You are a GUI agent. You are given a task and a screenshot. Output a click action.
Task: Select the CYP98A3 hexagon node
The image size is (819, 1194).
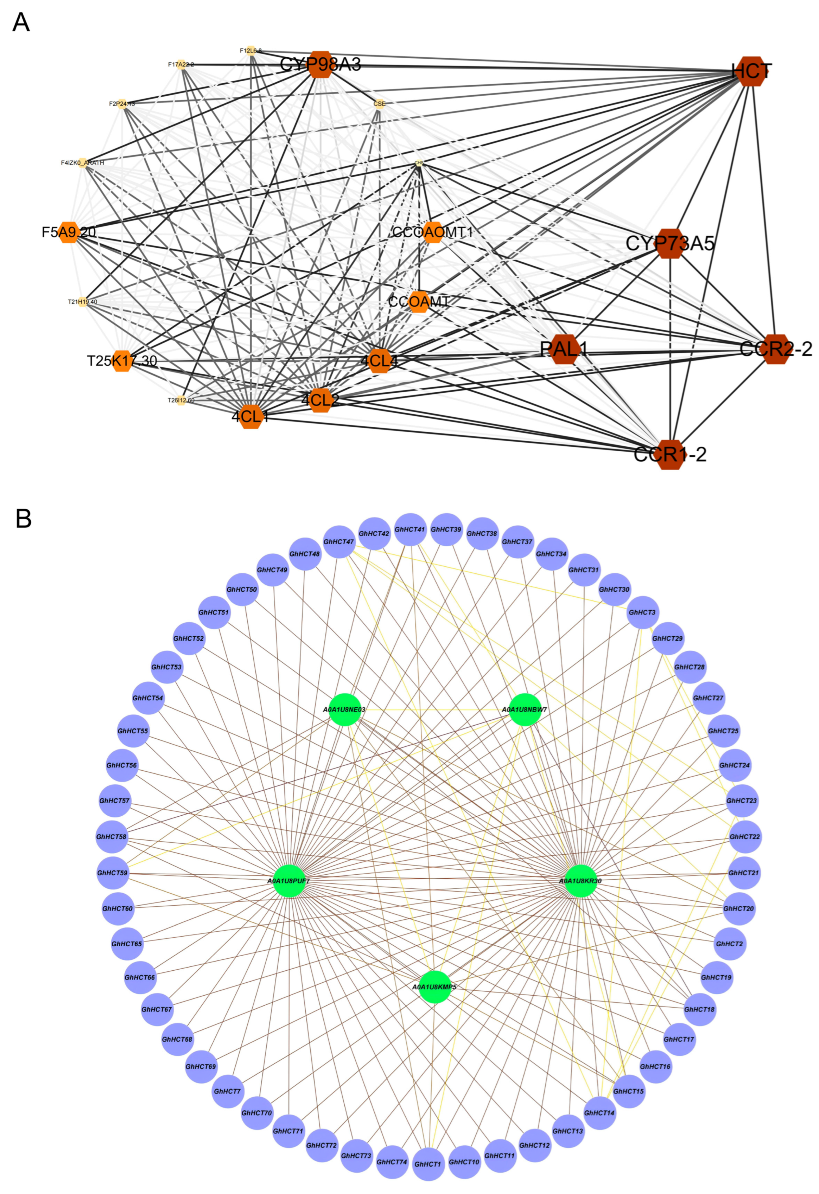321,65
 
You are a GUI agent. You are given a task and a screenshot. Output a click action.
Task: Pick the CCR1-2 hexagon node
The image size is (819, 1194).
670,454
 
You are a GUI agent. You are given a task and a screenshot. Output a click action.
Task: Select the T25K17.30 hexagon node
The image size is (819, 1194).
122,361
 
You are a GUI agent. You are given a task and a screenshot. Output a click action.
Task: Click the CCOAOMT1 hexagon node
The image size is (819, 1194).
433,232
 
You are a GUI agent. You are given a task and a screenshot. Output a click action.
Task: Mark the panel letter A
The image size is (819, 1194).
21,23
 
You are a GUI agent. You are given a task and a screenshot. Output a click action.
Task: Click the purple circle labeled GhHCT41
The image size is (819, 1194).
410,529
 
